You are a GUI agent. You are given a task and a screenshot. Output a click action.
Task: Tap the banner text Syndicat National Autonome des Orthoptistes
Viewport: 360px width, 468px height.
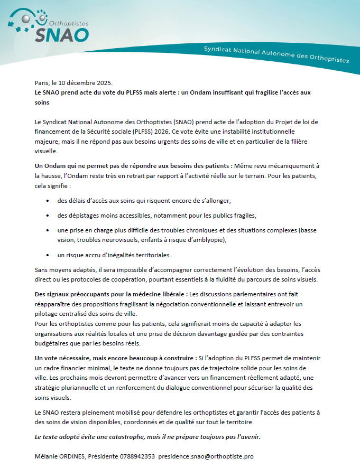pyautogui.click(x=276, y=54)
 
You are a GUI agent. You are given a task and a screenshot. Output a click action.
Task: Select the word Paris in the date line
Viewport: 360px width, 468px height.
pyautogui.click(x=41, y=83)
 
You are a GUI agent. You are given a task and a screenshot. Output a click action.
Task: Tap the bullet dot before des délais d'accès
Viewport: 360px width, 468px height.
pyautogui.click(x=48, y=201)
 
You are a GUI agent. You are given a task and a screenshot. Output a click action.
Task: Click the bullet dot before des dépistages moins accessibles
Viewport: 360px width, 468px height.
pyautogui.click(x=48, y=216)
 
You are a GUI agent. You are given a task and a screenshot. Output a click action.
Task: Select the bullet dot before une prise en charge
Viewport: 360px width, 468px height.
pyautogui.click(x=48, y=230)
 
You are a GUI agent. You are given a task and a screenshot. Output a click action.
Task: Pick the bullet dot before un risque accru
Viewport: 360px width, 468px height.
pyautogui.click(x=48, y=255)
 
